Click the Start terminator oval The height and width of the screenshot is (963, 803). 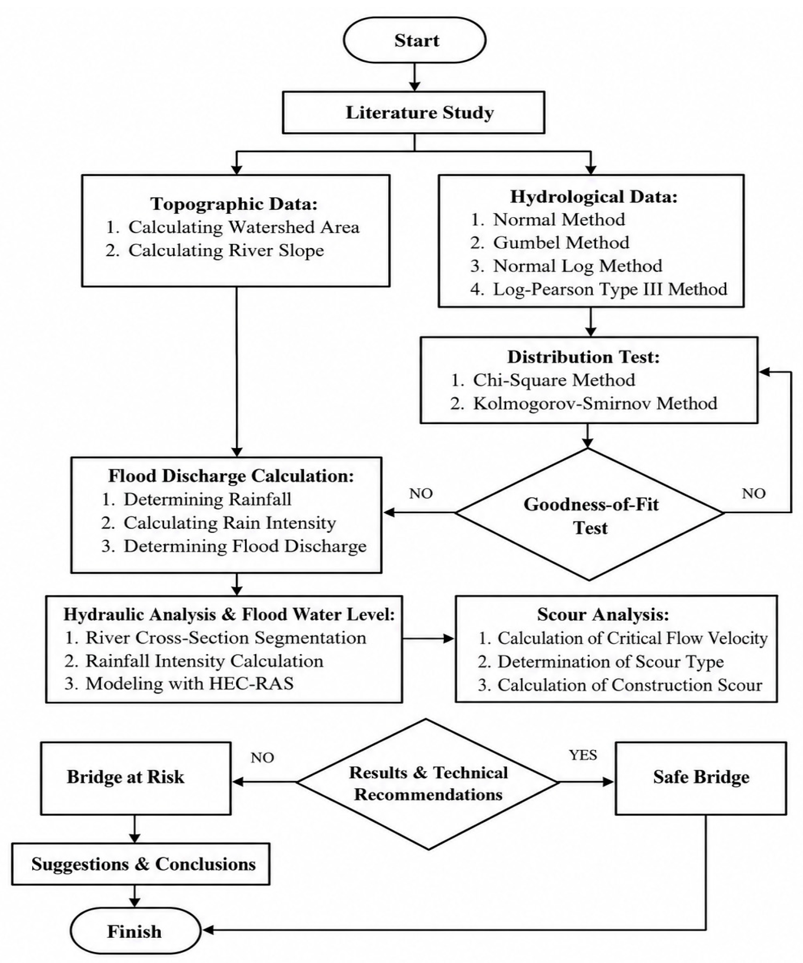pyautogui.click(x=414, y=40)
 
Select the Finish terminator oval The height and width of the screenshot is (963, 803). pyautogui.click(x=136, y=930)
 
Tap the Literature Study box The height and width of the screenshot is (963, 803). pyautogui.click(x=413, y=112)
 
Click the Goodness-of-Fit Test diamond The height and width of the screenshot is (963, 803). pyautogui.click(x=589, y=514)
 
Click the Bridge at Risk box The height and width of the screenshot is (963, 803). pyautogui.click(x=136, y=778)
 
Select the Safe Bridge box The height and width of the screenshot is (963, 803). pyautogui.click(x=701, y=778)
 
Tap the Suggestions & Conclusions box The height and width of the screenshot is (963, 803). pyautogui.click(x=141, y=864)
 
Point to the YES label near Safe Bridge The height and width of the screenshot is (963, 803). pyautogui.click(x=583, y=755)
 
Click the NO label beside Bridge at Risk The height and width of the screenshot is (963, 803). pyautogui.click(x=262, y=758)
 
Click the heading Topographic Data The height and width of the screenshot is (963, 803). pyautogui.click(x=234, y=204)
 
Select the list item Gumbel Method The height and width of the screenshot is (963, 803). pyautogui.click(x=549, y=242)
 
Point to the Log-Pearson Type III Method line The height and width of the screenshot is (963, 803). pyautogui.click(x=599, y=289)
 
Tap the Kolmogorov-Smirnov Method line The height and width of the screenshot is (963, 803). pyautogui.click(x=584, y=403)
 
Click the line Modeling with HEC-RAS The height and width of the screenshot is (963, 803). pyautogui.click(x=179, y=684)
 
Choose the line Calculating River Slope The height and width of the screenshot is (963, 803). pyautogui.click(x=214, y=250)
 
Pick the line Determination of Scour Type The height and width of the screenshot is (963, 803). pyautogui.click(x=601, y=662)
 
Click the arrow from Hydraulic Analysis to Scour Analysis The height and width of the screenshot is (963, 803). pyautogui.click(x=428, y=638)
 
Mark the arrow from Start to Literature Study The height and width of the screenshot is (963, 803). pyautogui.click(x=414, y=77)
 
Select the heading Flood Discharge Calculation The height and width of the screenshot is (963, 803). pyautogui.click(x=231, y=476)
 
